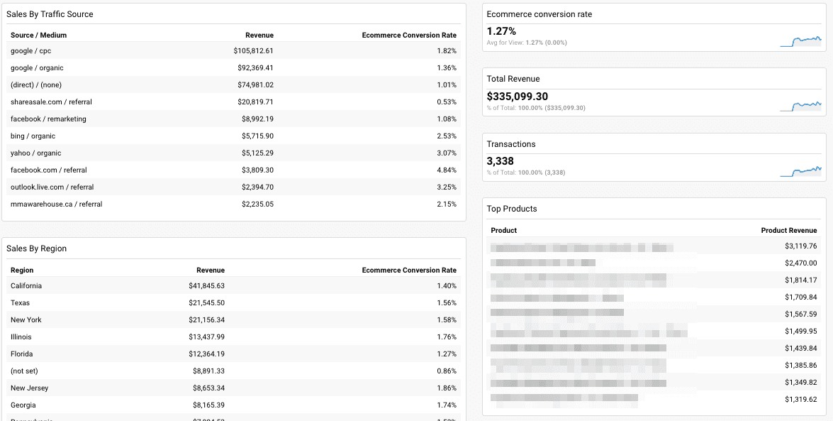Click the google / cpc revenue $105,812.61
coord(253,51)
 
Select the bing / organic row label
coord(33,136)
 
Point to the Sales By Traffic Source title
coord(50,14)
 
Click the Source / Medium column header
coord(38,35)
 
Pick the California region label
coord(26,286)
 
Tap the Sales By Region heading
coord(36,248)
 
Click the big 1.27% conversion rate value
coord(501,31)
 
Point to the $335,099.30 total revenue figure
coord(517,97)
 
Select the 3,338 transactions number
coord(500,161)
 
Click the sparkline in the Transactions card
coord(800,171)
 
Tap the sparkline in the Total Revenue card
coord(800,106)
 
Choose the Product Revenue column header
coord(788,231)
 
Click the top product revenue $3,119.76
coord(800,246)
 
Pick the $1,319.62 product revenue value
coord(800,400)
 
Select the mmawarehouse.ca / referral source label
coord(56,204)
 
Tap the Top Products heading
coord(511,209)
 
